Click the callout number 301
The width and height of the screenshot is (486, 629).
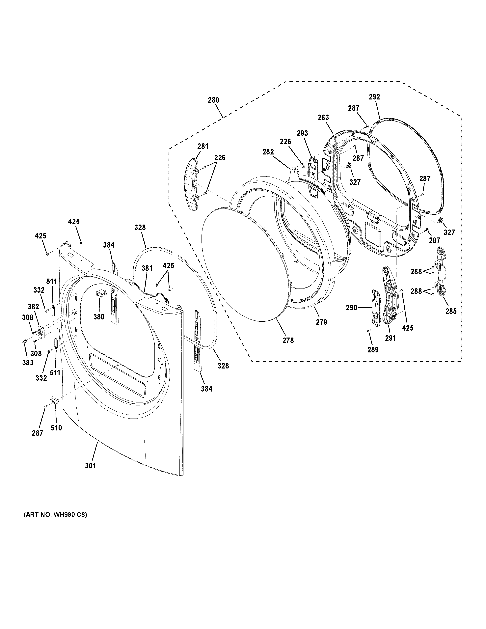[90, 465]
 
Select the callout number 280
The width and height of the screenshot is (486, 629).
[213, 100]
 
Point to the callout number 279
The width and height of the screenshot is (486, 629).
[321, 322]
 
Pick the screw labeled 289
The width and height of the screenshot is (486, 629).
[369, 332]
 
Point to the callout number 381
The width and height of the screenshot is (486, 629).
[147, 268]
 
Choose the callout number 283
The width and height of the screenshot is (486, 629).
[323, 118]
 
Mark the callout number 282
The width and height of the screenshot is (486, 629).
[268, 152]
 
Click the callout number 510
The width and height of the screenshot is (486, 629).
[56, 428]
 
